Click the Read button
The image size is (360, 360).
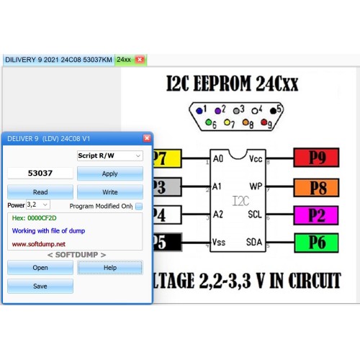tap(40, 192)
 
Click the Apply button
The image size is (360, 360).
tap(110, 174)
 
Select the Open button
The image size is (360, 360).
tap(40, 267)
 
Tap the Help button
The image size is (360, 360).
tap(110, 267)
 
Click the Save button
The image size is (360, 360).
tap(40, 286)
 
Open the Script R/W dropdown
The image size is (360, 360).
tap(110, 156)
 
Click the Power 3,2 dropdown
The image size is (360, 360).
tap(38, 204)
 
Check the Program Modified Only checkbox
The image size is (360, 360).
tap(139, 206)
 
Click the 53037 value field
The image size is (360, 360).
tap(40, 174)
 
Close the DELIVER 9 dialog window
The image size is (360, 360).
tap(147, 138)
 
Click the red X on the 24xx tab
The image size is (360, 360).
tap(140, 59)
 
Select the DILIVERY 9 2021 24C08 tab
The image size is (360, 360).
tap(58, 60)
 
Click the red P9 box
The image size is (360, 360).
tap(316, 158)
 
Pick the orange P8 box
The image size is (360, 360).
tap(316, 187)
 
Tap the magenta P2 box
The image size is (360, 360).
tap(316, 215)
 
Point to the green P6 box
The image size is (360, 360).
tap(316, 243)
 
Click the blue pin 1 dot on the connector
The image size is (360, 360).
tap(199, 111)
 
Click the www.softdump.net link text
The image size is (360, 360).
tap(39, 244)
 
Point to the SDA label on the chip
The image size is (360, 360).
tap(254, 242)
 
